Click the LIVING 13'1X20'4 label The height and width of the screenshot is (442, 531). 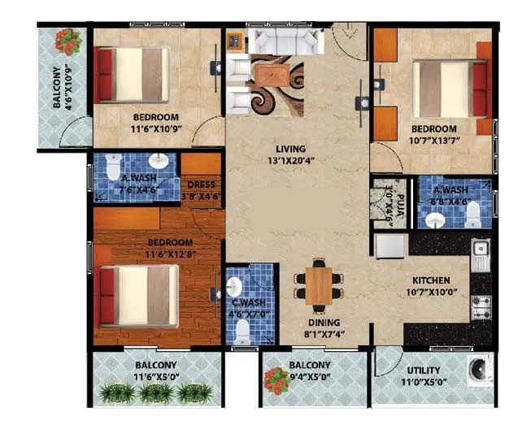[289, 154]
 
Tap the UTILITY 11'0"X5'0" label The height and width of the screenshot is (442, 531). [424, 375]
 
